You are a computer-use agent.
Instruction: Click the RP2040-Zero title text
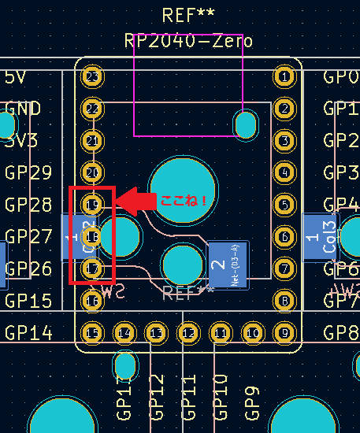pyautogui.click(x=188, y=41)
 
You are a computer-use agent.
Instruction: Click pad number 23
pyautogui.click(x=93, y=77)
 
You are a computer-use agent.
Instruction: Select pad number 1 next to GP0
pyautogui.click(x=283, y=77)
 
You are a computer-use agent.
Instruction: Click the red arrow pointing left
pyautogui.click(x=135, y=200)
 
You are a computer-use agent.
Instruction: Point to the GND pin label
pyautogui.click(x=23, y=109)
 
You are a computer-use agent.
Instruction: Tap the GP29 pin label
pyautogui.click(x=28, y=173)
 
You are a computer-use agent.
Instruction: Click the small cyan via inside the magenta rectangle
pyautogui.click(x=247, y=124)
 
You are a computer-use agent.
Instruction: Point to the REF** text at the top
pyautogui.click(x=188, y=15)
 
